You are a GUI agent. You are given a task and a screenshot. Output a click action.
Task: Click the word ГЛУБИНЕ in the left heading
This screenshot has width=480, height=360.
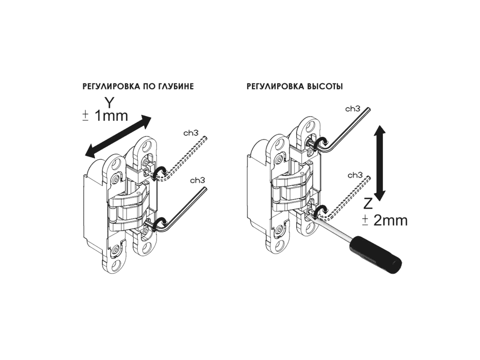(175, 87)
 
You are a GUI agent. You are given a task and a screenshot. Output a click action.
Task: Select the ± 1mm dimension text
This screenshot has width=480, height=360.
(105, 116)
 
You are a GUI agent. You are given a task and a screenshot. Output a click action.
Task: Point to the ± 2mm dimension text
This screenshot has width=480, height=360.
(384, 220)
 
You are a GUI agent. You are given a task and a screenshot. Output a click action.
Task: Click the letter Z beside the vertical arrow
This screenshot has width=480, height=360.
(368, 203)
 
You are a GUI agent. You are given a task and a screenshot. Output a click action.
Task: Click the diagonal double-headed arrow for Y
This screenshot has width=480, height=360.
(118, 136)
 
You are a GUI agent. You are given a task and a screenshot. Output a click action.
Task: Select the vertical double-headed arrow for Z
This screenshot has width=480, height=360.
(380, 163)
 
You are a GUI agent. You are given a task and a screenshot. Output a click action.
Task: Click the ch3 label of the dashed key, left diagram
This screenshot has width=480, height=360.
(191, 133)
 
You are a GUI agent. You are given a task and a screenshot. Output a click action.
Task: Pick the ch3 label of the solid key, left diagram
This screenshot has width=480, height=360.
(197, 180)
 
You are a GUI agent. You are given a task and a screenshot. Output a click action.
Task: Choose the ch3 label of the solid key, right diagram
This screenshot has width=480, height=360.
(353, 109)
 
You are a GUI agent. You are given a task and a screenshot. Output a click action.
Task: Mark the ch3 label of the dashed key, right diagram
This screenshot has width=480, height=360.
(355, 175)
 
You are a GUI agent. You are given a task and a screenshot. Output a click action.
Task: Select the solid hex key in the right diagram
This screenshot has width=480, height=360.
(340, 130)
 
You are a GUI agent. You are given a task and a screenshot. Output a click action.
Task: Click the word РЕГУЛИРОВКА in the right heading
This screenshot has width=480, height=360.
(276, 87)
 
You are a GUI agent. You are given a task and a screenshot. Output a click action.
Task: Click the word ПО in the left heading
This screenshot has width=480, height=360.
(149, 87)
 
